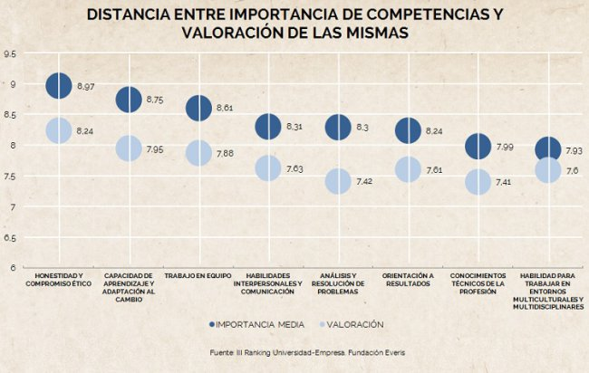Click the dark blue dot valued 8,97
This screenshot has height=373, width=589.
click(x=58, y=86)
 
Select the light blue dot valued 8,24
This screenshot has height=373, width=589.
click(x=58, y=130)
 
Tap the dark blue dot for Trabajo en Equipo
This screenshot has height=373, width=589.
click(x=198, y=108)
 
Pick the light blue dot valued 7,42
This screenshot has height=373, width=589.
click(x=338, y=181)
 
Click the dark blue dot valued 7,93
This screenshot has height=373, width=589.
click(x=547, y=149)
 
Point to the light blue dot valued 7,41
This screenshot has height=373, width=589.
click(x=478, y=182)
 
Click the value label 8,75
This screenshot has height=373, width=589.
click(x=154, y=100)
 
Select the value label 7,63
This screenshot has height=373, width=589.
click(x=294, y=168)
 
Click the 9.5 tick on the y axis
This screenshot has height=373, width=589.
click(x=10, y=54)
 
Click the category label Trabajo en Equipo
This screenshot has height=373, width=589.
click(x=198, y=275)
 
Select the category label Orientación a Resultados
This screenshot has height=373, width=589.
click(x=408, y=280)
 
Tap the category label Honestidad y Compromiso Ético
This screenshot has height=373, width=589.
click(x=58, y=280)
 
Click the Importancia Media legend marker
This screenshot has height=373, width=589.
click(x=211, y=323)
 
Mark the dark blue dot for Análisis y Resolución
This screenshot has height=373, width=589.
click(x=338, y=128)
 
